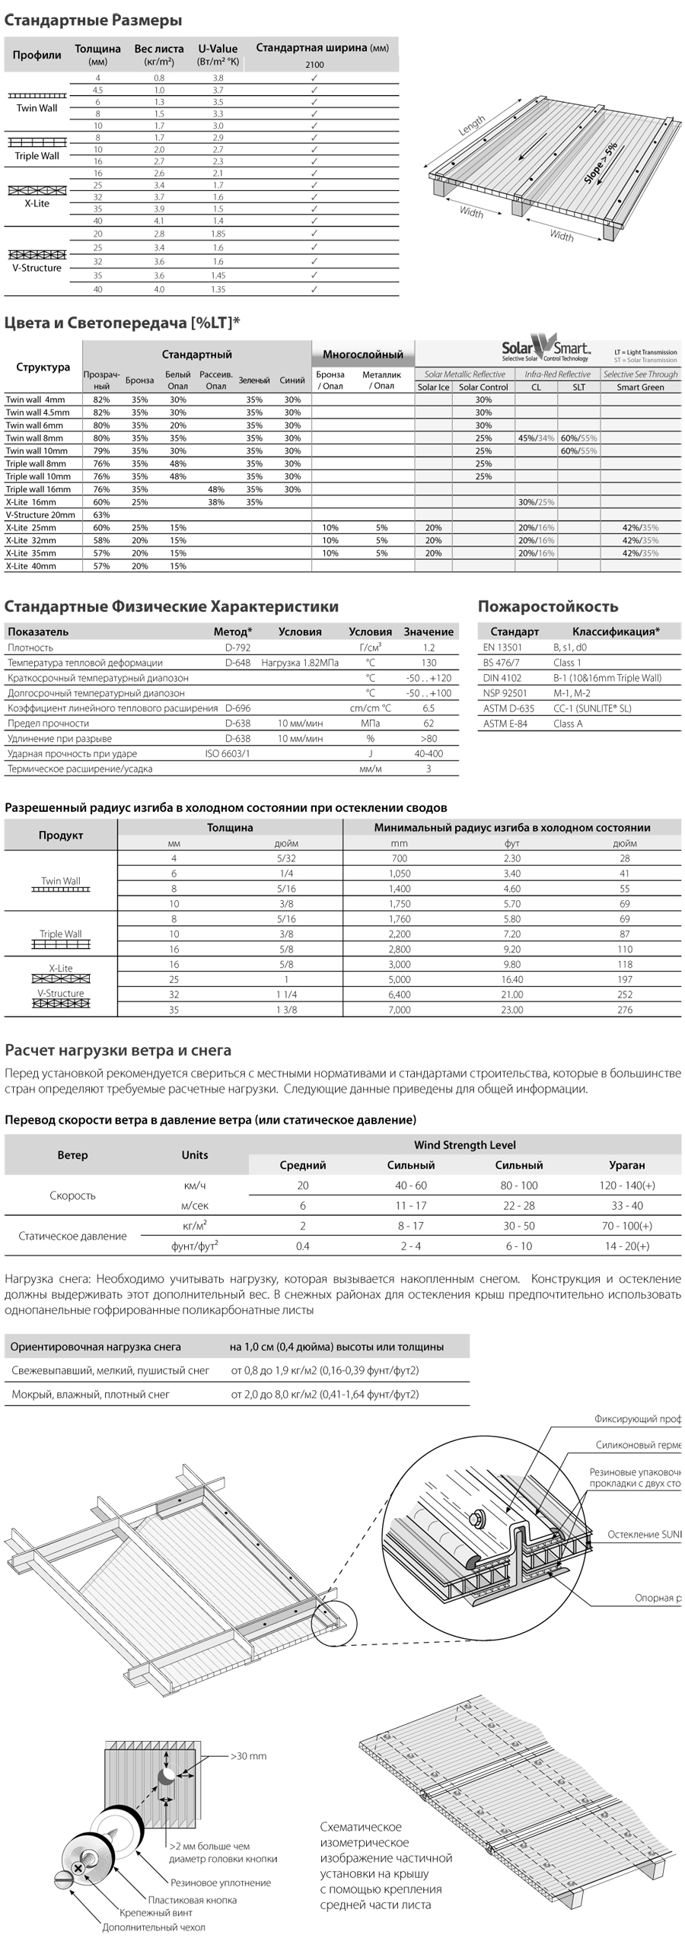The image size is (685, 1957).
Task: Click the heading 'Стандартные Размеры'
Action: pyautogui.click(x=93, y=21)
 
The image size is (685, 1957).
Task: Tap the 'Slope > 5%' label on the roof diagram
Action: pyautogui.click(x=601, y=163)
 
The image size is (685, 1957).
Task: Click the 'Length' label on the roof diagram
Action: pyautogui.click(x=471, y=125)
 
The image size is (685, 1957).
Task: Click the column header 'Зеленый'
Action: pyautogui.click(x=254, y=380)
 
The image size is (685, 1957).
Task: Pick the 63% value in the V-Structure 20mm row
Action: pyautogui.click(x=101, y=515)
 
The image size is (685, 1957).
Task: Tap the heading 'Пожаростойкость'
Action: pyautogui.click(x=547, y=606)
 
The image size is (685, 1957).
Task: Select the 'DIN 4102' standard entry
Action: pyautogui.click(x=502, y=678)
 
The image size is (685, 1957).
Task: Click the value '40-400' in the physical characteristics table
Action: pyautogui.click(x=429, y=753)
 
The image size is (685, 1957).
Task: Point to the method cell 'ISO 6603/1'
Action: pyautogui.click(x=228, y=753)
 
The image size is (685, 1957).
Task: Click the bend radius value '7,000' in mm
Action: pyautogui.click(x=400, y=1010)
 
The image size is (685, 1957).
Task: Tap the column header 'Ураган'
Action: pyautogui.click(x=626, y=1165)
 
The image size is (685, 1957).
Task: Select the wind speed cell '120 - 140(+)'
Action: pyautogui.click(x=626, y=1185)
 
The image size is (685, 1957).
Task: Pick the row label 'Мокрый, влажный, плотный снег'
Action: pyautogui.click(x=91, y=1395)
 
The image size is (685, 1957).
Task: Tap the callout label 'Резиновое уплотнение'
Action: pyautogui.click(x=221, y=1882)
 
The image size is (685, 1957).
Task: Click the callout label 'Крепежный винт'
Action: pyautogui.click(x=156, y=1912)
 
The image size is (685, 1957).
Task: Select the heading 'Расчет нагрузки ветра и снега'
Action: pyautogui.click(x=118, y=1050)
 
